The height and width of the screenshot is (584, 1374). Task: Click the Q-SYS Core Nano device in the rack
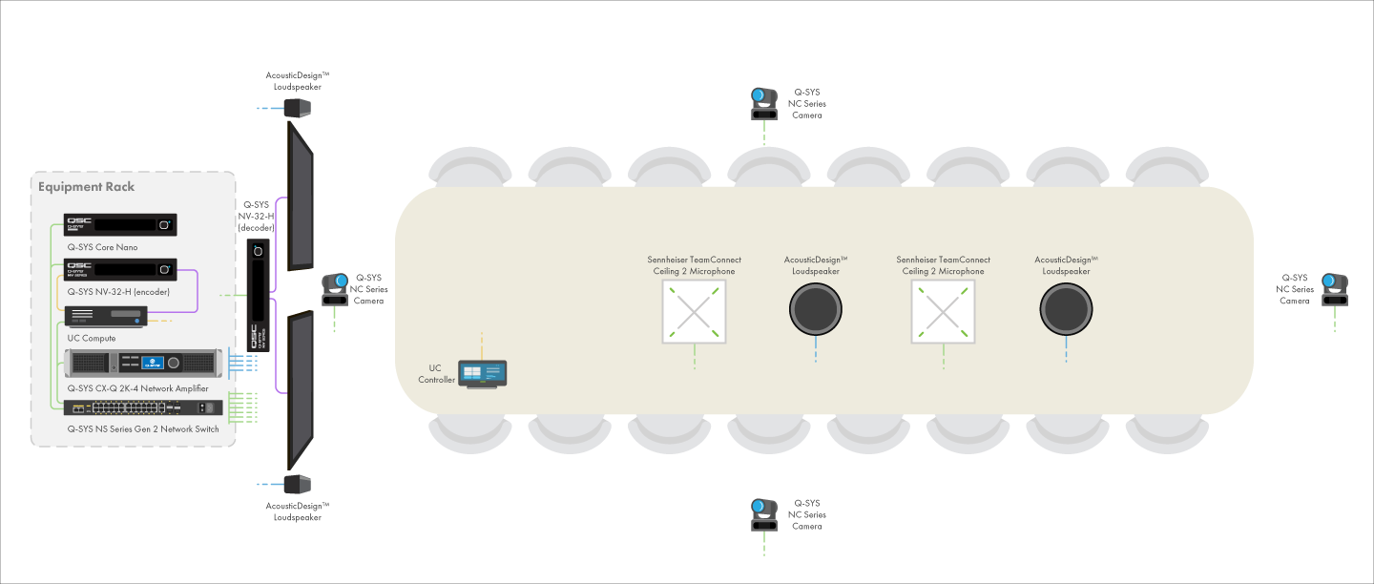pyautogui.click(x=120, y=224)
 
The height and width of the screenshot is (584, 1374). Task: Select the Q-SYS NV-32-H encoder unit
pyautogui.click(x=120, y=269)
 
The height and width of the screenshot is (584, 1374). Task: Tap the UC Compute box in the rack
pyautogui.click(x=106, y=317)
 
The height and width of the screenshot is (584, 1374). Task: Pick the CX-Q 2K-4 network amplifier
pyautogui.click(x=143, y=363)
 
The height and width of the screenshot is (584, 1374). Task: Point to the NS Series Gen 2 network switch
pyautogui.click(x=143, y=407)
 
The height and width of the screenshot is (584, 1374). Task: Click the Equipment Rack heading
pyautogui.click(x=86, y=186)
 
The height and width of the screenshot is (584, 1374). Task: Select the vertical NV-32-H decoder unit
pyautogui.click(x=259, y=296)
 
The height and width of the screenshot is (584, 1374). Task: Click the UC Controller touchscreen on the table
pyautogui.click(x=482, y=374)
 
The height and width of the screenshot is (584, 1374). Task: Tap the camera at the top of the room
pyautogui.click(x=764, y=104)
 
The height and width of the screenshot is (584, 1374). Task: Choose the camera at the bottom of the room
pyautogui.click(x=764, y=514)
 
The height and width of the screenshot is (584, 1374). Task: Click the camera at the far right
pyautogui.click(x=1335, y=289)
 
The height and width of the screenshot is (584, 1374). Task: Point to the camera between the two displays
pyautogui.click(x=335, y=289)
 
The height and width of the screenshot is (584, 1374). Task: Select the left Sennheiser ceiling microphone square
pyautogui.click(x=695, y=312)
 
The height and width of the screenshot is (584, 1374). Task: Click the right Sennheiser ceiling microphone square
pyautogui.click(x=944, y=312)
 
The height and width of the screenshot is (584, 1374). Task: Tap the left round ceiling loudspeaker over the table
pyautogui.click(x=816, y=309)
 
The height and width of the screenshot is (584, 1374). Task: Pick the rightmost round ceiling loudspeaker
pyautogui.click(x=1066, y=309)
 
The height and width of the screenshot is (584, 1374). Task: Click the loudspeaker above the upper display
pyautogui.click(x=298, y=109)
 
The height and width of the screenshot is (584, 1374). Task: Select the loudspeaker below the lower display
pyautogui.click(x=298, y=484)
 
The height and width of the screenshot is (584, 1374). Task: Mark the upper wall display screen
pyautogui.click(x=301, y=197)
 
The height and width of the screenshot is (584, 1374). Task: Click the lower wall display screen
pyautogui.click(x=301, y=390)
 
